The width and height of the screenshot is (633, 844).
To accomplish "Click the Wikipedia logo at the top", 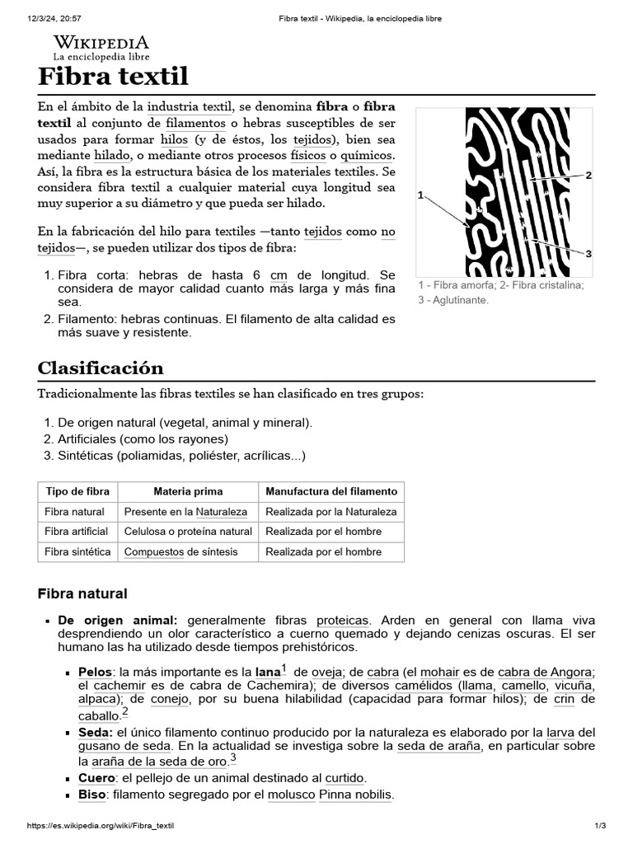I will click(x=101, y=48).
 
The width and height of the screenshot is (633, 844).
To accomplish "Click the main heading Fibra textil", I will click(x=114, y=77).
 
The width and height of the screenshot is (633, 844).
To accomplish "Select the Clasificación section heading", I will click(x=101, y=368).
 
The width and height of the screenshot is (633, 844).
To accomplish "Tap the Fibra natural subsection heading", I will click(x=82, y=593).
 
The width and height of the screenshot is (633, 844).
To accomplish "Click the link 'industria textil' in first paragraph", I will click(x=190, y=106).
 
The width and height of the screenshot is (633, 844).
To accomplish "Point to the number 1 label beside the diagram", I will click(x=420, y=195).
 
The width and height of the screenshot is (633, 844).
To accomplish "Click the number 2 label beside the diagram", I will click(x=588, y=175).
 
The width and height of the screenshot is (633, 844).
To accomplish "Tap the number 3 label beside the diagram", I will click(x=588, y=254).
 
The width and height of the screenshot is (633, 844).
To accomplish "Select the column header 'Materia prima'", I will click(x=188, y=491).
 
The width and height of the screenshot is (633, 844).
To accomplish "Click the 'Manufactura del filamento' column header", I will click(x=331, y=491).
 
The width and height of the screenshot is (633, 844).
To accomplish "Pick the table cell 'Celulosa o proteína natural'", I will click(x=188, y=532).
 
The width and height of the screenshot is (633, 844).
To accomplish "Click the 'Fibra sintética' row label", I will click(x=77, y=552).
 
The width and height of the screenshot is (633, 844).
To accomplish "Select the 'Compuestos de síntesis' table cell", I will click(x=181, y=552).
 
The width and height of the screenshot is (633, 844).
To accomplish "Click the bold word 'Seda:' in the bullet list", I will click(x=95, y=732).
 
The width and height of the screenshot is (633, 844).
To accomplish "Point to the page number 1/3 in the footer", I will click(x=600, y=826).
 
